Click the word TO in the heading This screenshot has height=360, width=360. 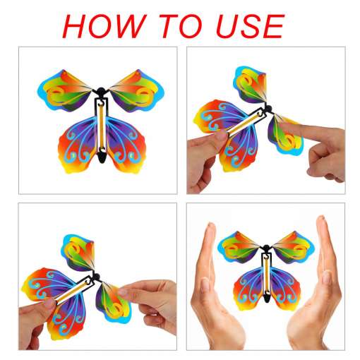click(x=181, y=26)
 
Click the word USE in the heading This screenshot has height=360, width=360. click(x=250, y=26)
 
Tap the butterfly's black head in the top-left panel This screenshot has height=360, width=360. click(x=101, y=91)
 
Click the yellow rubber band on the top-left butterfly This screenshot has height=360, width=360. click(x=102, y=126)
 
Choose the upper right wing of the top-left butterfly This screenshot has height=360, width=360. click(x=136, y=91)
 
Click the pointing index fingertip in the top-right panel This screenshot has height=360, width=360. click(x=287, y=128)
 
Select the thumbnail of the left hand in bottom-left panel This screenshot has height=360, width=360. click(x=49, y=304)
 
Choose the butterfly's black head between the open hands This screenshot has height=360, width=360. click(x=266, y=248)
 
